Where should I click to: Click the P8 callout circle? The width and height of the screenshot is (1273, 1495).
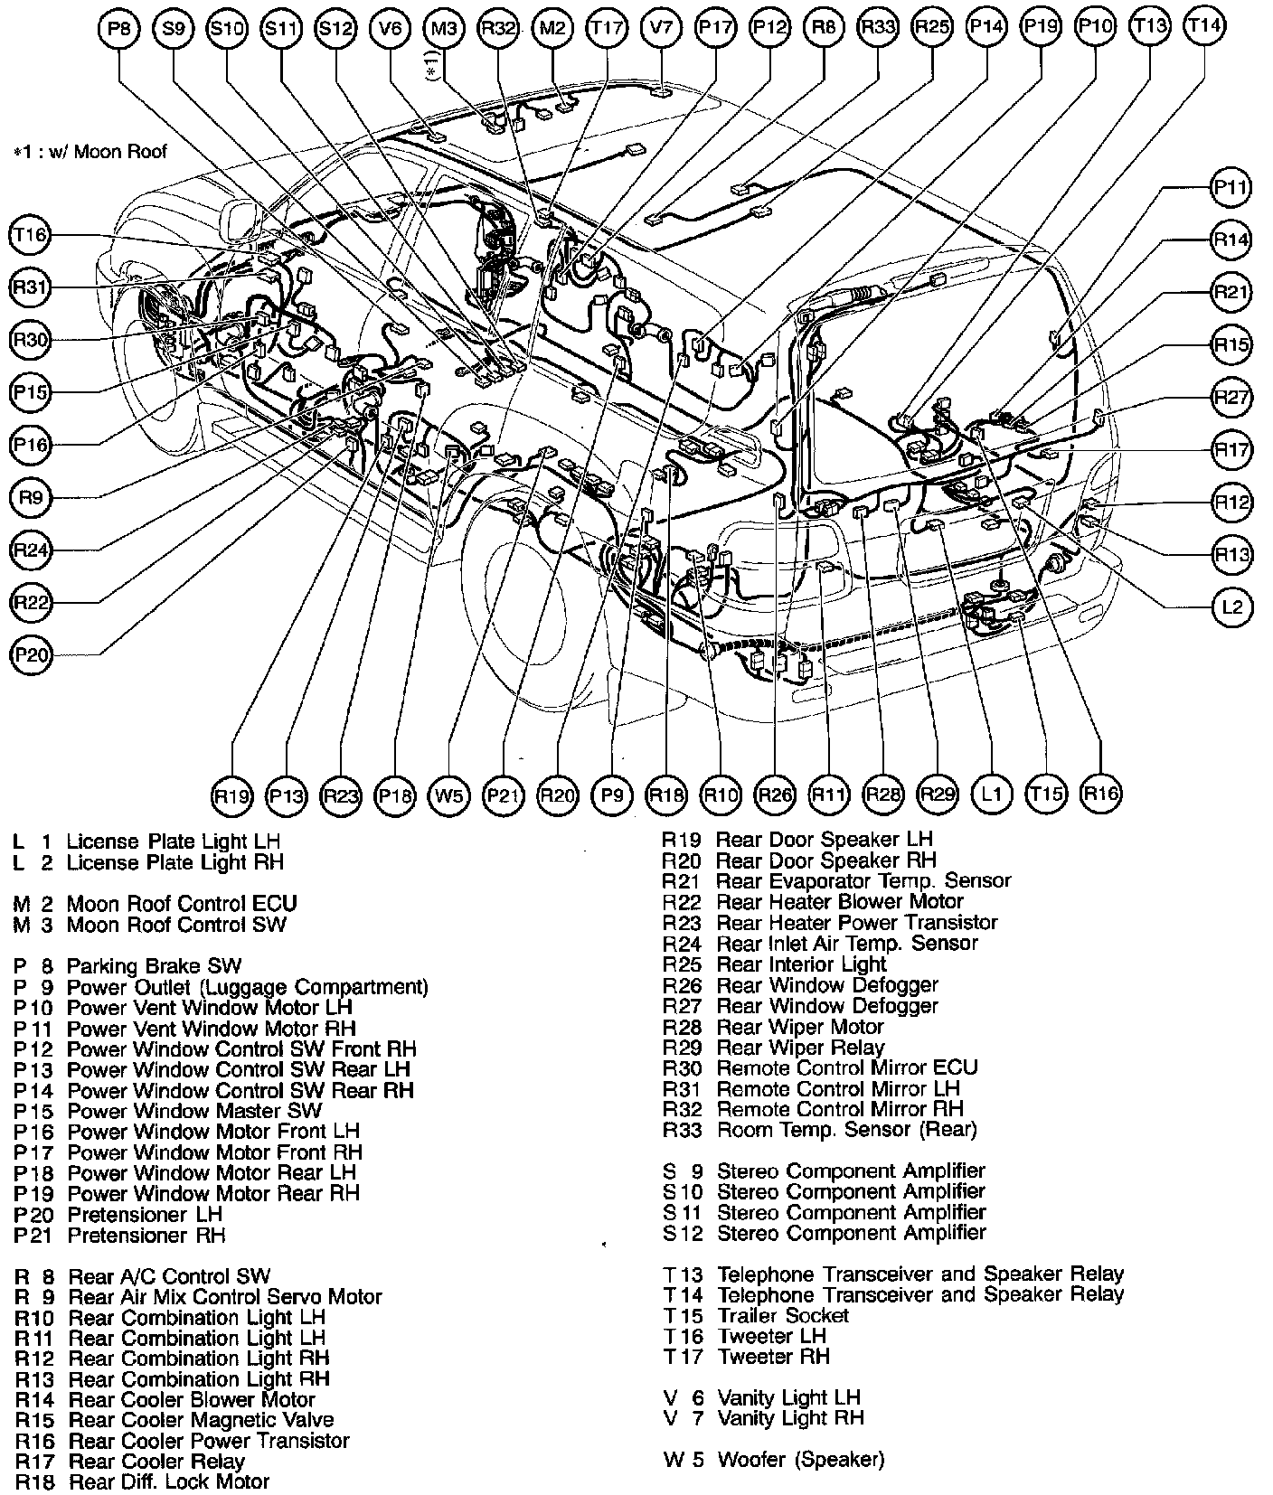pyautogui.click(x=118, y=27)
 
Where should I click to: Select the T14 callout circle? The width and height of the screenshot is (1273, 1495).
pyautogui.click(x=1205, y=25)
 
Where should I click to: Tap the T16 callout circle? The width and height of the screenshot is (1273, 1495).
pyautogui.click(x=30, y=236)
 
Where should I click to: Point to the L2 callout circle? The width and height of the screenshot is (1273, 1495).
pyautogui.click(x=1232, y=606)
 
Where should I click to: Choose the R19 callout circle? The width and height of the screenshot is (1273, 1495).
pyautogui.click(x=232, y=795)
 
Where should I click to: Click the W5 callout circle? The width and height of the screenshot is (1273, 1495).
pyautogui.click(x=449, y=795)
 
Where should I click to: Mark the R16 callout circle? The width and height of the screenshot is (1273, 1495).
pyautogui.click(x=1101, y=794)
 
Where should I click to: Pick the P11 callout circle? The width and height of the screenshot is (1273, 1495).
pyautogui.click(x=1231, y=188)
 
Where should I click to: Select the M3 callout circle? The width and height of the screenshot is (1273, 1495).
pyautogui.click(x=444, y=27)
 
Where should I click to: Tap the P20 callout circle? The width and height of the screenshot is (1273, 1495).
pyautogui.click(x=30, y=655)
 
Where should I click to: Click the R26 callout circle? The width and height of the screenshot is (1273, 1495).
pyautogui.click(x=775, y=795)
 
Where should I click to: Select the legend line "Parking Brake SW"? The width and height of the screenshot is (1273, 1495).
pyautogui.click(x=154, y=966)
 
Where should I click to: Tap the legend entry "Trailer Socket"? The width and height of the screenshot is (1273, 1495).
pyautogui.click(x=783, y=1315)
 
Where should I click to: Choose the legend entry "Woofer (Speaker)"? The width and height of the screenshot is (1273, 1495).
pyautogui.click(x=800, y=1459)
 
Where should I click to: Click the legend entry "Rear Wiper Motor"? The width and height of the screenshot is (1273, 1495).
pyautogui.click(x=799, y=1027)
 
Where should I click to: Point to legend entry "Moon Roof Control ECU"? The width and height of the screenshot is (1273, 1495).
pyautogui.click(x=181, y=903)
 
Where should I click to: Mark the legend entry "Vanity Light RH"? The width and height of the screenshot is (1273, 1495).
pyautogui.click(x=790, y=1417)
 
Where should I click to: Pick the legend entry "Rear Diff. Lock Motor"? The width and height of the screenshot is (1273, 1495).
pyautogui.click(x=168, y=1481)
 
